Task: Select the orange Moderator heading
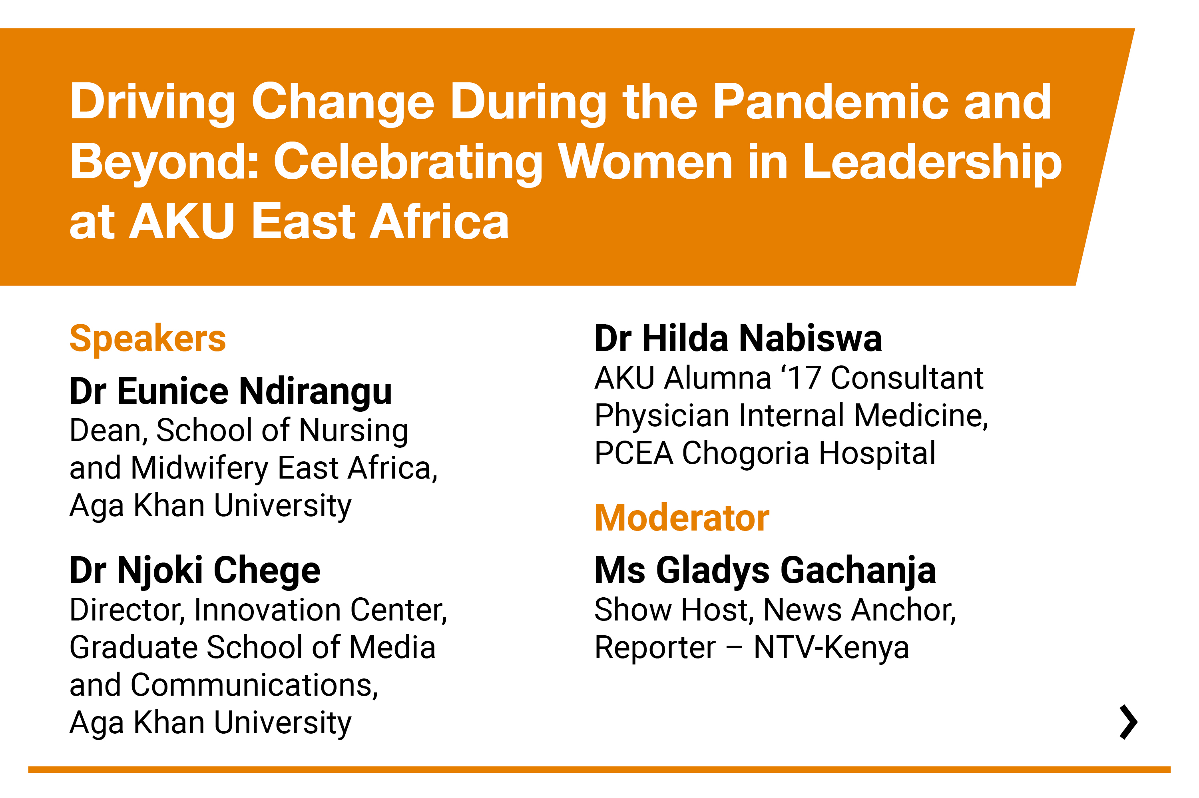click(x=682, y=518)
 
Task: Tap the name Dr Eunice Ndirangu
click(x=231, y=391)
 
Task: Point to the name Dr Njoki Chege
click(x=195, y=571)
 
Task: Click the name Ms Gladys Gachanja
click(x=765, y=571)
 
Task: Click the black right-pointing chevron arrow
click(x=1128, y=722)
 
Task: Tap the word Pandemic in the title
click(x=831, y=102)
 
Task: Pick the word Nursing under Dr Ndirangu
click(x=354, y=431)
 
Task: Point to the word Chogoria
click(x=745, y=453)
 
